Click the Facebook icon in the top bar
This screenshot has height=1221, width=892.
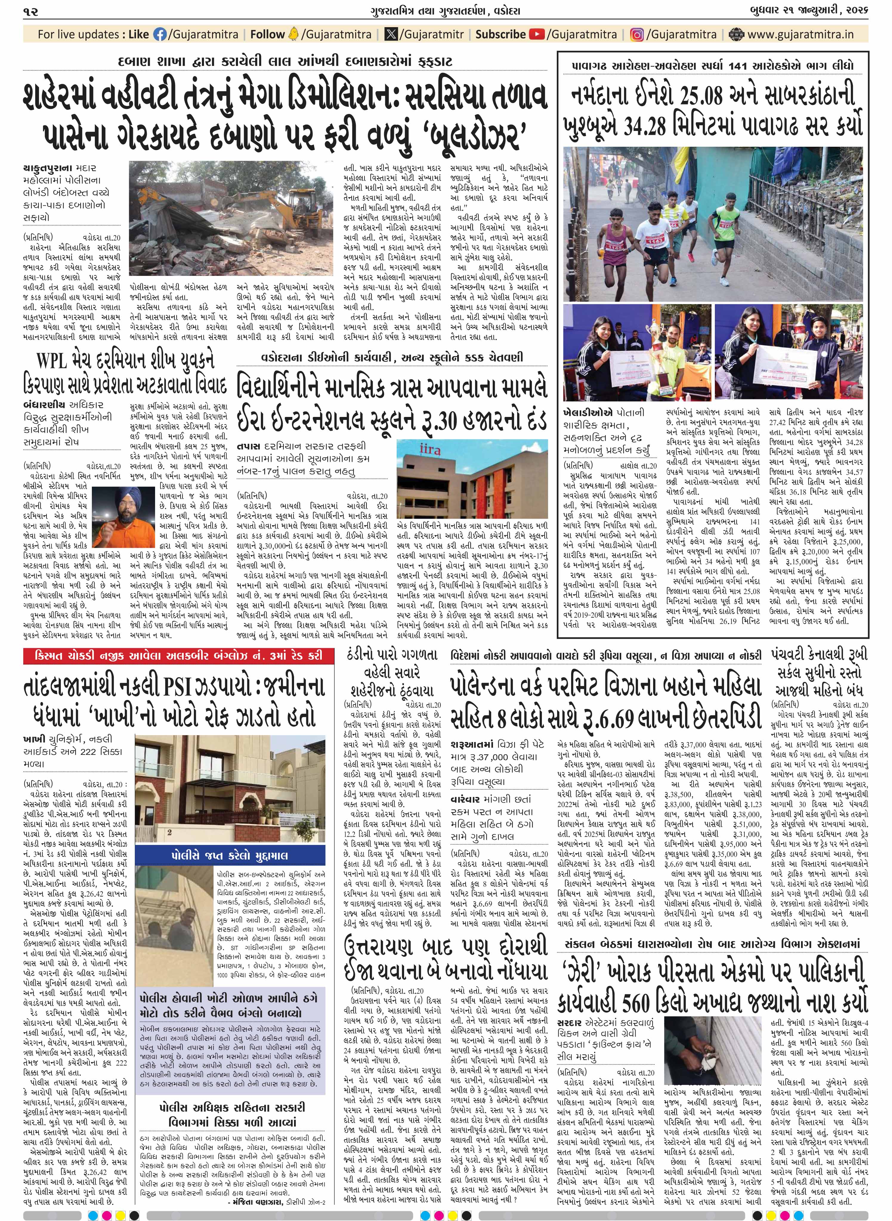click(160, 35)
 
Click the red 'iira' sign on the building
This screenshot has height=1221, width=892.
click(433, 449)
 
